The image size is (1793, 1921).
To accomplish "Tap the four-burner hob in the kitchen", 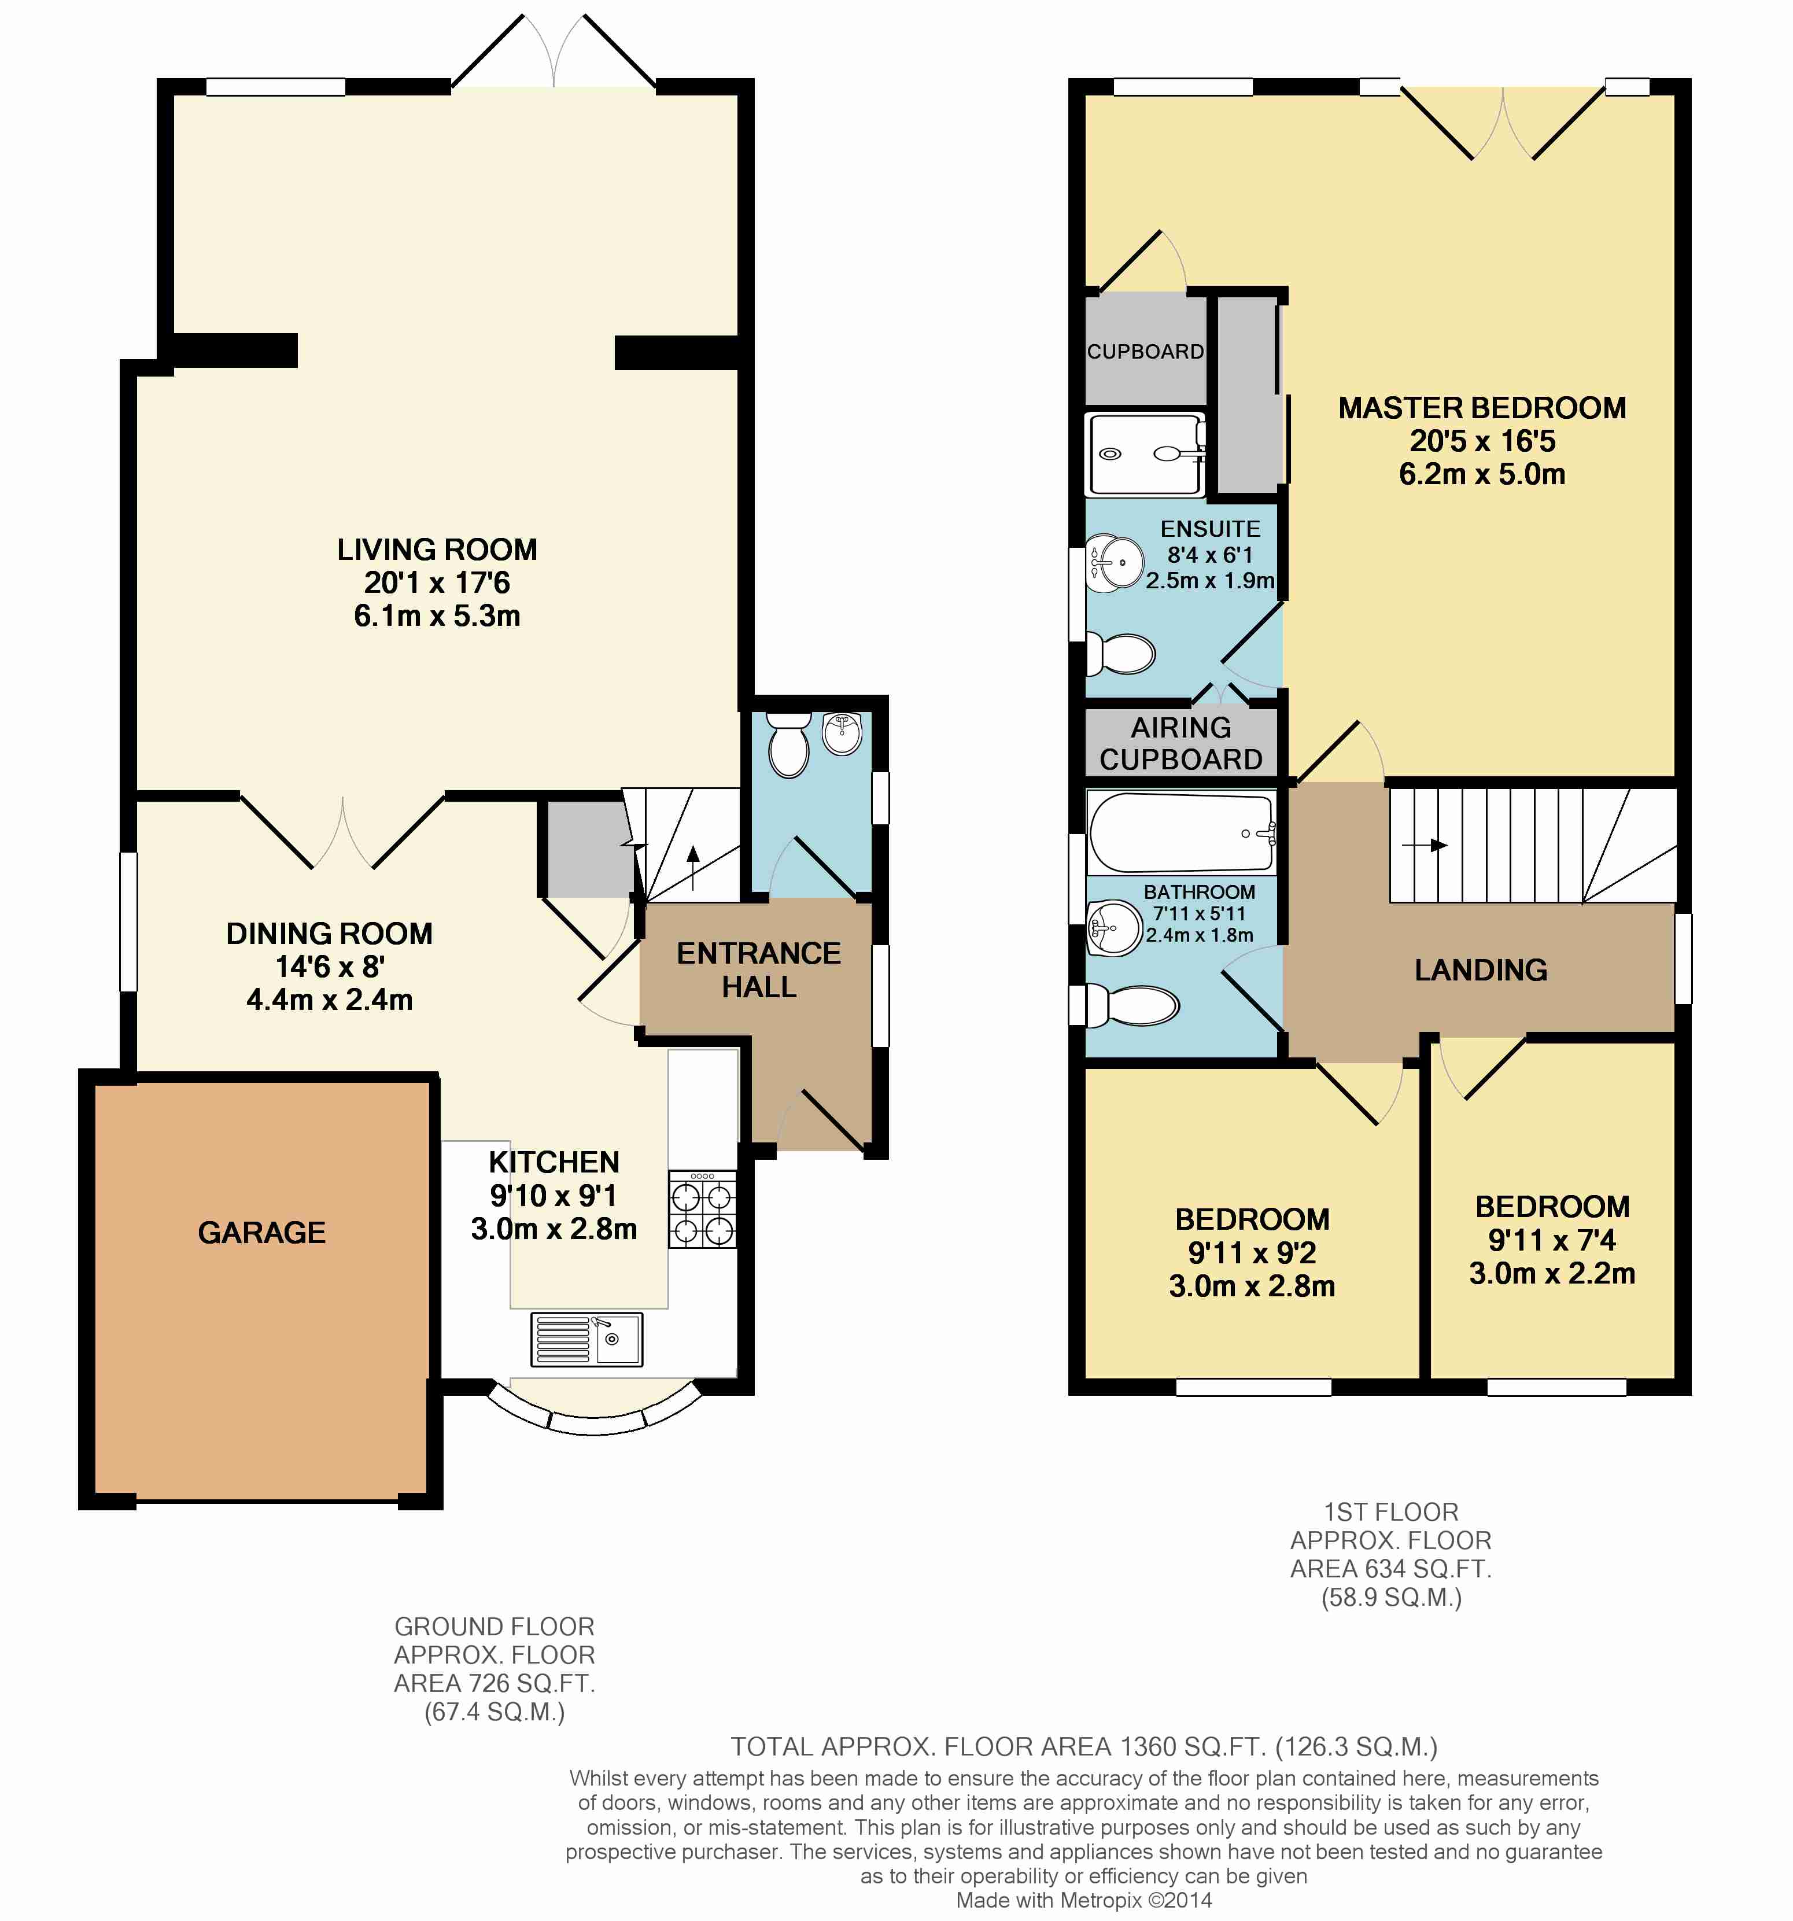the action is tap(702, 1209).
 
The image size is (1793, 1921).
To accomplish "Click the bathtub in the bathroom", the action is tap(1182, 832).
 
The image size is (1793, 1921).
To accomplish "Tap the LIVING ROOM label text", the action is tap(437, 550).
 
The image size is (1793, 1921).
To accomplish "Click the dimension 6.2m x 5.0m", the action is tap(1482, 474).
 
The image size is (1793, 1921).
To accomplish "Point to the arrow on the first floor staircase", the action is tap(1425, 846).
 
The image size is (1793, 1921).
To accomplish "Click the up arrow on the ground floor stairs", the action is tap(693, 867).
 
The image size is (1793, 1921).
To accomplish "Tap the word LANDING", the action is tap(1481, 970).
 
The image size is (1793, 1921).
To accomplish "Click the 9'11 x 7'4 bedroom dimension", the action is tap(1551, 1240).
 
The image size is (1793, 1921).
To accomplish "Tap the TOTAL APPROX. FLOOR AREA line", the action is tap(1084, 1747).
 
